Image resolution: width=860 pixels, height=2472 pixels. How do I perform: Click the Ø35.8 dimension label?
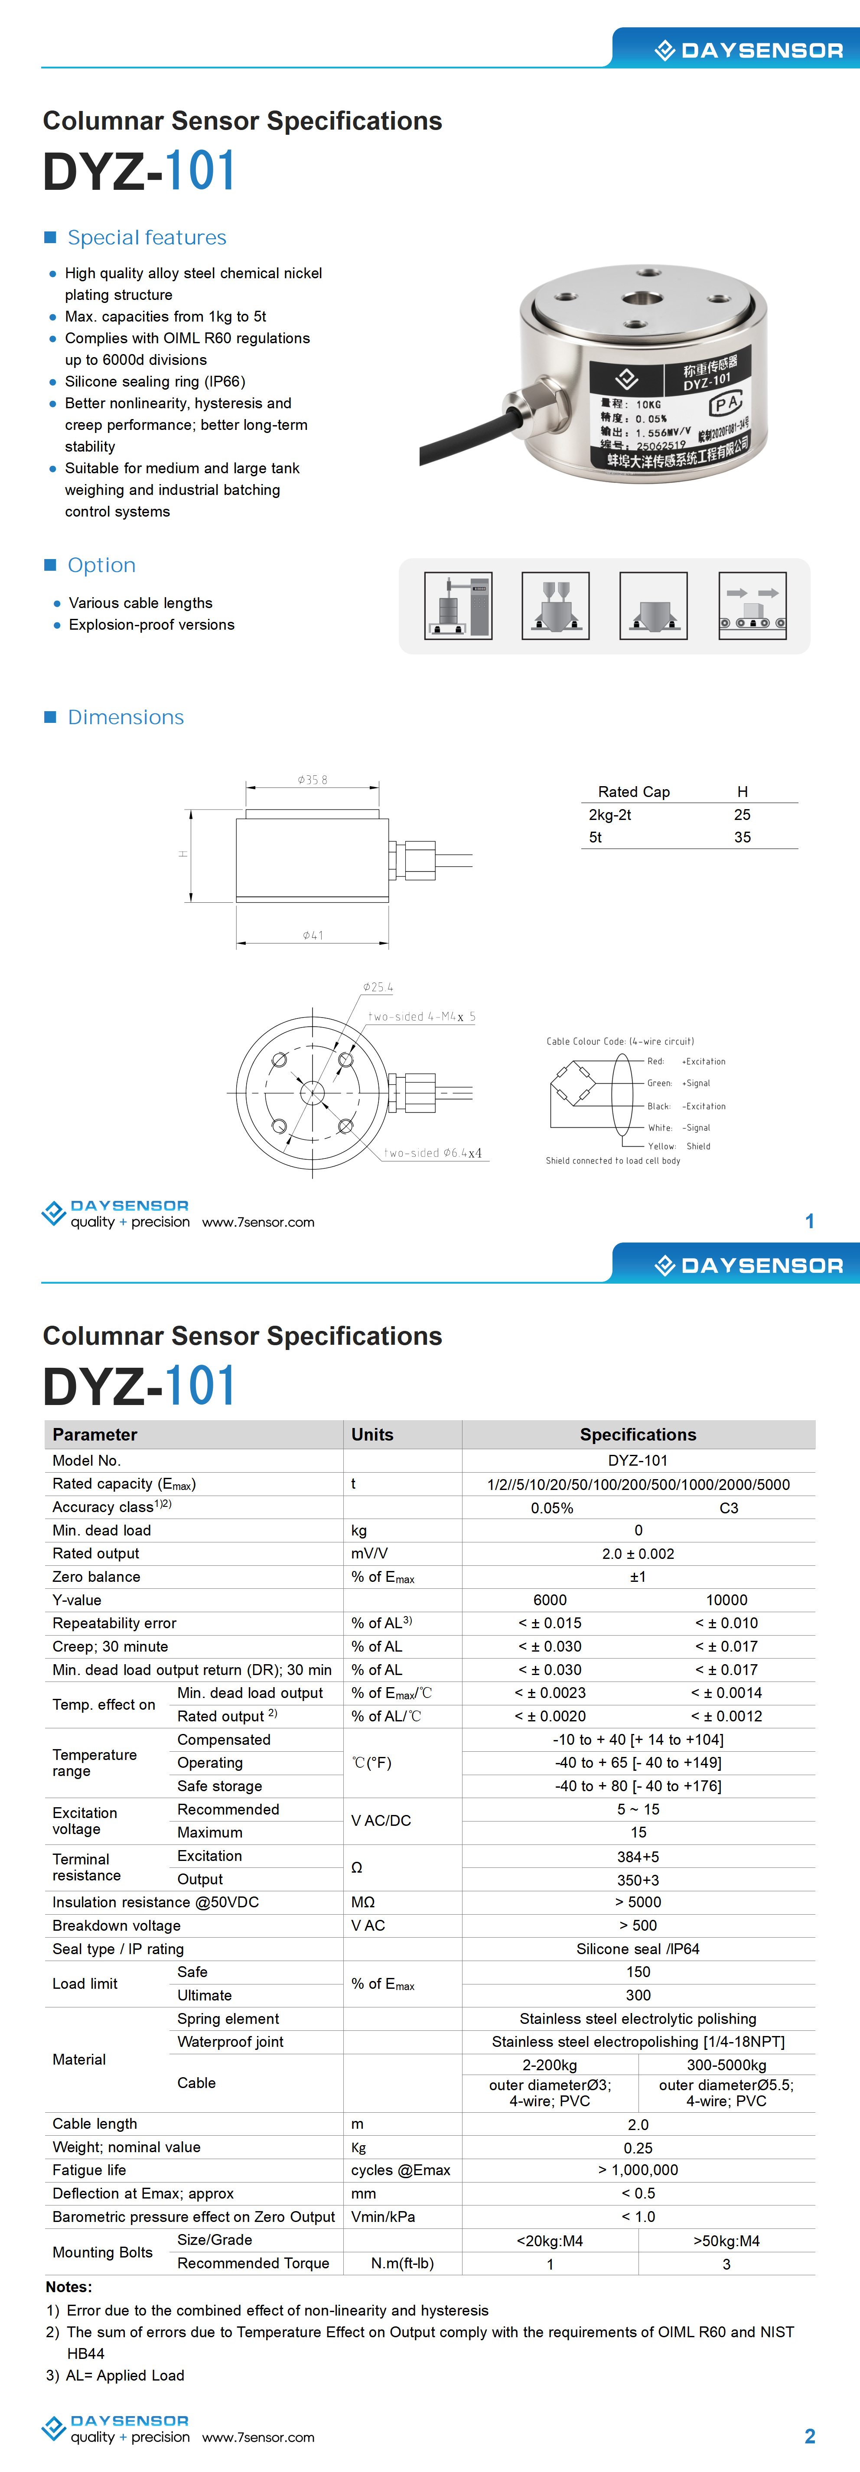tap(313, 780)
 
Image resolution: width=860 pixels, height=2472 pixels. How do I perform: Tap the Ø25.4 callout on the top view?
tap(377, 987)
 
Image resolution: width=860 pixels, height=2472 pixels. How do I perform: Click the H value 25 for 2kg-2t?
tap(742, 815)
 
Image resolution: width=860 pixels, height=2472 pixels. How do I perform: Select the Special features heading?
tap(147, 238)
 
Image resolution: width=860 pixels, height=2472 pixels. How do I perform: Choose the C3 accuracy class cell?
tap(729, 1508)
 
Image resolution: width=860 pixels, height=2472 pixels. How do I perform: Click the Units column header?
tap(372, 1434)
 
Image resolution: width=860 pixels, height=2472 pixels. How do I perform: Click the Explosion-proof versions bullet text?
tap(152, 625)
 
